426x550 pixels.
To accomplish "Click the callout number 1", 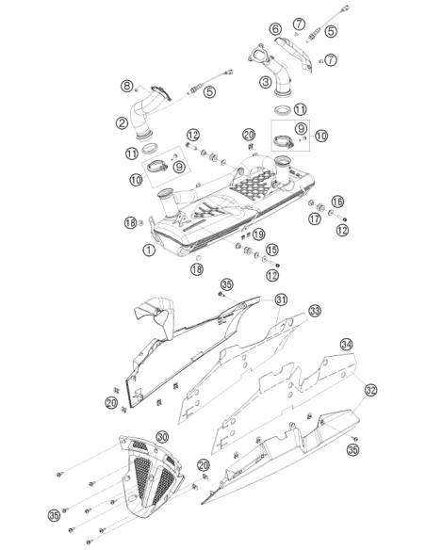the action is pos(149,251).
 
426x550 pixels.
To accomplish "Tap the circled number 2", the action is pos(122,122).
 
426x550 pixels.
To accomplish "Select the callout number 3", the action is pos(266,83).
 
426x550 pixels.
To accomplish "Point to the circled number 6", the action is pos(276,29).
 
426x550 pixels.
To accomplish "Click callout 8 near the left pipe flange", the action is pos(127,86).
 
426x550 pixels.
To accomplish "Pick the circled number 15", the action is pos(272,250).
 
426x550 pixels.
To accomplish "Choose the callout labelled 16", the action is pos(337,202).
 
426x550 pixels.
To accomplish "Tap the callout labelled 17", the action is pos(315,218).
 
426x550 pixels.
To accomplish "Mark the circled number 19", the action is pos(258,234).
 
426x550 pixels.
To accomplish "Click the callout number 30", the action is pos(162,437).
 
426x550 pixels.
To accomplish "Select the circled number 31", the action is pos(281,299).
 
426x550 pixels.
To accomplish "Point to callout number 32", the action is pos(370,390).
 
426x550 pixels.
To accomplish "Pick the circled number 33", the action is pos(315,311).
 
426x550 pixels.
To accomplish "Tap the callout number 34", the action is pos(347,344).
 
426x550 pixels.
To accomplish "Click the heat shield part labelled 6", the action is pos(295,53).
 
